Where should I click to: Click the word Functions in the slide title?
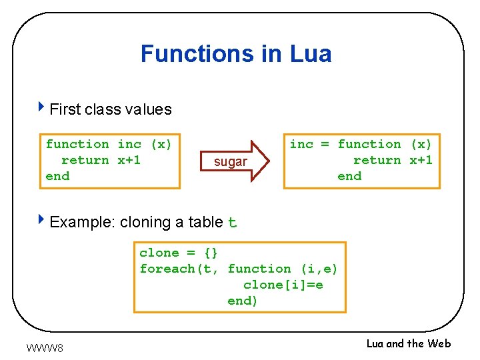coord(198,53)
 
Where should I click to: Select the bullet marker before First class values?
coord(42,107)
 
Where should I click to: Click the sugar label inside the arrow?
coord(230,162)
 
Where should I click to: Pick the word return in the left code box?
coord(85,160)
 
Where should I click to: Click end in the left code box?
coord(57,176)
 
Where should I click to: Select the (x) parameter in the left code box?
coord(161,144)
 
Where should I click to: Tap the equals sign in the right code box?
coord(325,144)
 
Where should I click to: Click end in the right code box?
coord(349,176)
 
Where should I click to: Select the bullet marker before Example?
coord(42,220)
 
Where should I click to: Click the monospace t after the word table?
coord(232,223)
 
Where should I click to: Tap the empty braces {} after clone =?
coord(211,253)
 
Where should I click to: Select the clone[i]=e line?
coord(283,285)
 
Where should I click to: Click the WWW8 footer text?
coord(45,347)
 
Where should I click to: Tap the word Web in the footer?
coord(439,343)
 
